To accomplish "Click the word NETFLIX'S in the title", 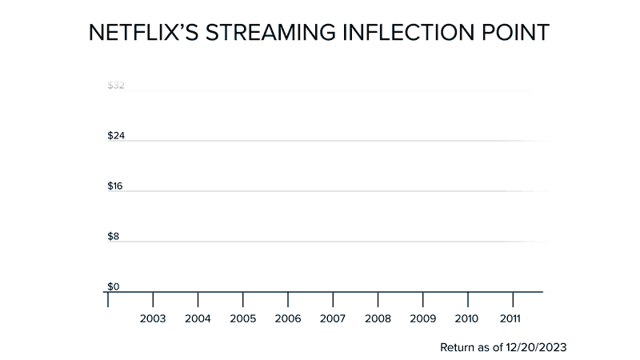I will click(x=139, y=33).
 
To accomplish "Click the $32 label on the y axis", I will click(x=116, y=86).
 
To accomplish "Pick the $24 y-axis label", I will click(x=116, y=136).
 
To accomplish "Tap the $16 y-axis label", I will click(x=116, y=186).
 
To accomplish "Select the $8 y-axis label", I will click(x=114, y=237).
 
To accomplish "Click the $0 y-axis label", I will click(x=114, y=286).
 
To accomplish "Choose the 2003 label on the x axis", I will click(x=153, y=318).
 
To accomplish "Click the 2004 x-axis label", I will click(x=198, y=318).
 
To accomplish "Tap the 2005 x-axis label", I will click(x=242, y=318).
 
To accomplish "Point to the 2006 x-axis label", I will click(x=287, y=318).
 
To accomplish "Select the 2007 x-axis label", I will click(x=332, y=318).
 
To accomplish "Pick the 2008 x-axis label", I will click(x=378, y=318).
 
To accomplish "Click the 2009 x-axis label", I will click(x=422, y=318).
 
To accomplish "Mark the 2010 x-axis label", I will click(x=467, y=318).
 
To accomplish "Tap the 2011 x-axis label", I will click(x=512, y=318).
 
